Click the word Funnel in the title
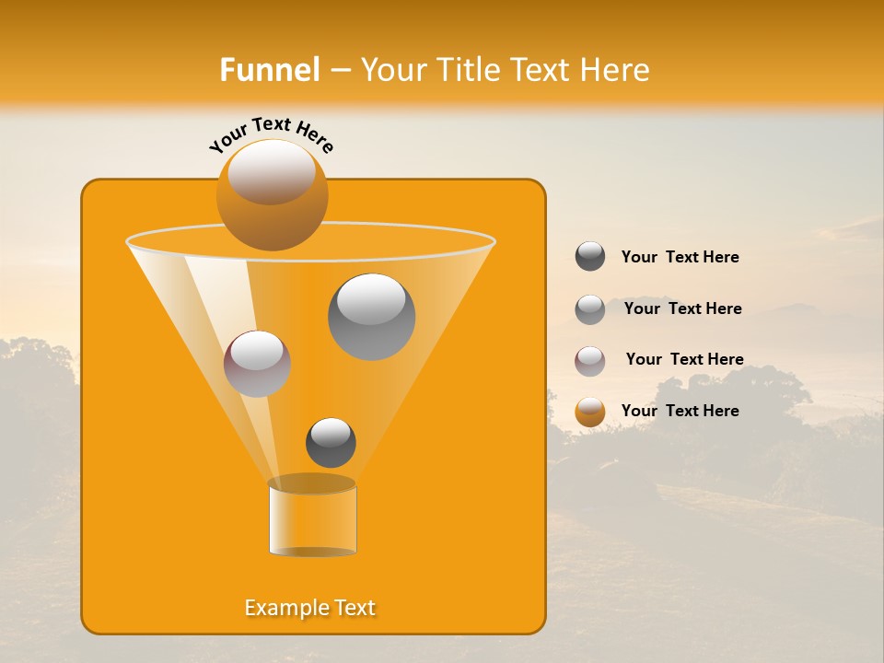pyautogui.click(x=269, y=70)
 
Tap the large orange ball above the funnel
pyautogui.click(x=272, y=195)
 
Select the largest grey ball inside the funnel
pyautogui.click(x=371, y=317)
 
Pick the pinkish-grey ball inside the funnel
pyautogui.click(x=257, y=364)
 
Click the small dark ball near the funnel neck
pyautogui.click(x=331, y=443)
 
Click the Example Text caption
pyautogui.click(x=310, y=608)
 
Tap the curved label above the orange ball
pyautogui.click(x=272, y=134)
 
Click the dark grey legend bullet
pyautogui.click(x=590, y=257)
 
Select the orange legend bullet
pyautogui.click(x=590, y=412)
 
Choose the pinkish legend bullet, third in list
pyautogui.click(x=590, y=361)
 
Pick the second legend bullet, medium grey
pyautogui.click(x=590, y=309)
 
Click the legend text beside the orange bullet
pyautogui.click(x=680, y=411)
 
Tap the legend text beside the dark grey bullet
pyautogui.click(x=680, y=257)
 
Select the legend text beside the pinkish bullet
pyautogui.click(x=684, y=359)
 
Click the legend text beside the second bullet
pyautogui.click(x=682, y=308)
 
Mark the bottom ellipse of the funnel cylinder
pyautogui.click(x=312, y=552)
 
